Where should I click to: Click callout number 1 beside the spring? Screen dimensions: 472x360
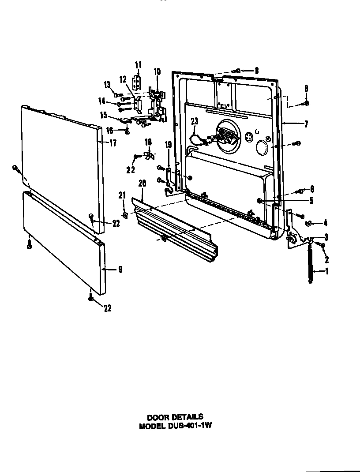tap(327, 272)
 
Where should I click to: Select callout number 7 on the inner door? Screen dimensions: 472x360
tap(306, 125)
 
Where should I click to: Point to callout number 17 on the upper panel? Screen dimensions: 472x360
tap(112, 143)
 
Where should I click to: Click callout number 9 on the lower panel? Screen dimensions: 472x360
tap(120, 270)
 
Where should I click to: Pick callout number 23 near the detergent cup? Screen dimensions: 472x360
tap(195, 120)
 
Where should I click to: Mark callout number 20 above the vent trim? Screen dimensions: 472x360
tap(142, 183)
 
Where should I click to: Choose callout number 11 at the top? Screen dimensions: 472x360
tap(138, 65)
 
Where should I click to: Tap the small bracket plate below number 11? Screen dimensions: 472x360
tap(138, 82)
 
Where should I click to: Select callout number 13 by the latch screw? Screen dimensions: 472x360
tap(107, 85)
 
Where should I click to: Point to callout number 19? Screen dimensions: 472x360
tap(168, 146)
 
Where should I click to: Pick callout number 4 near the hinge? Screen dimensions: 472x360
tap(325, 223)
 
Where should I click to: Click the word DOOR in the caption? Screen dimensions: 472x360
tap(157, 416)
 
